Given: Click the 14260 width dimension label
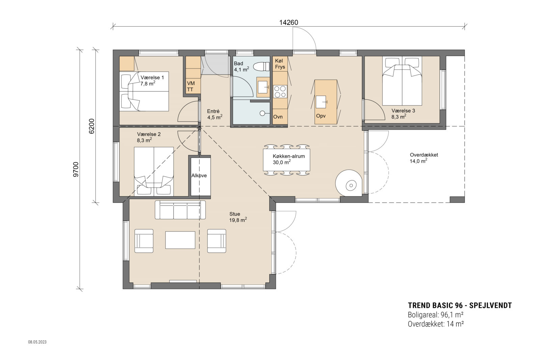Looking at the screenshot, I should pos(289,23).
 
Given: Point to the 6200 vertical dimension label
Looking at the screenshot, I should pos(91,126).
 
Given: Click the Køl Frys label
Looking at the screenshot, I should pos(280,64).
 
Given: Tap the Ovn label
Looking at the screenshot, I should pos(278,117).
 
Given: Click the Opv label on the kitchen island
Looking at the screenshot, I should pos(321,116).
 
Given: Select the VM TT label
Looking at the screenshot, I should pos(191,86).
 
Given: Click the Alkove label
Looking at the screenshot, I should pos(199,175).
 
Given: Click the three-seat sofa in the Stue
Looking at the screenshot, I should pos(180,210).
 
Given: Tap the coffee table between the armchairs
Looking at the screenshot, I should pos(180,240).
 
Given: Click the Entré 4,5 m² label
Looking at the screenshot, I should pos(214,114).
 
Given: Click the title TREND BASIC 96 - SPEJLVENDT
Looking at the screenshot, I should pos(460,306).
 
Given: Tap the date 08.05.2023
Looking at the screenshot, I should pos(37,342).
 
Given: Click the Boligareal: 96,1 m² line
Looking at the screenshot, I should pos(435,315).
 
